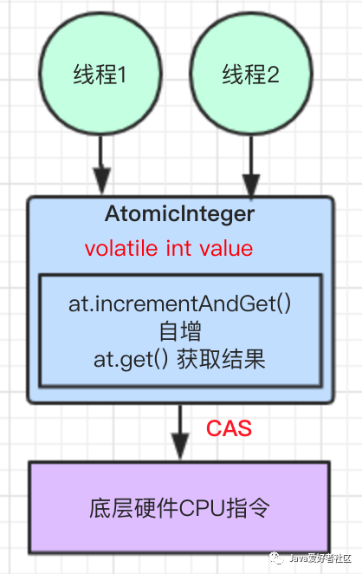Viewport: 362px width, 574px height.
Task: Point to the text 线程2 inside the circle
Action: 250,76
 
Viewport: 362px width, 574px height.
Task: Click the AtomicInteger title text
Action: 180,213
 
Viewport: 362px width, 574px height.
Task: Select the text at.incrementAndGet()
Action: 180,305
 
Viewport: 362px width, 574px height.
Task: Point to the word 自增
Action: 180,331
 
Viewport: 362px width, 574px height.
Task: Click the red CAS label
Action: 229,428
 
